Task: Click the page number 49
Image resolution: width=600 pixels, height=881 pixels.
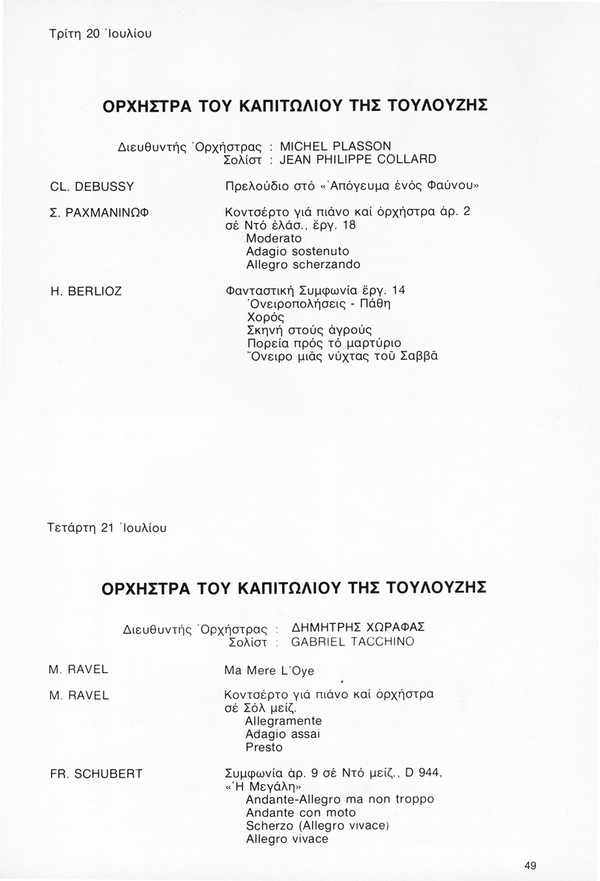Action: click(x=530, y=866)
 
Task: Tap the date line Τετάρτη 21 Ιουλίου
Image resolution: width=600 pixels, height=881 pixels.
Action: click(x=107, y=528)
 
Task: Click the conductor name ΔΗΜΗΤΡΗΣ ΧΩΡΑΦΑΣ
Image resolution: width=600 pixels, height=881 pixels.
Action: click(x=358, y=628)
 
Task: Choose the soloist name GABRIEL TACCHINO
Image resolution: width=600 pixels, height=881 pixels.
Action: click(x=353, y=642)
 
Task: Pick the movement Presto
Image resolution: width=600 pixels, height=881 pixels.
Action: click(x=264, y=747)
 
